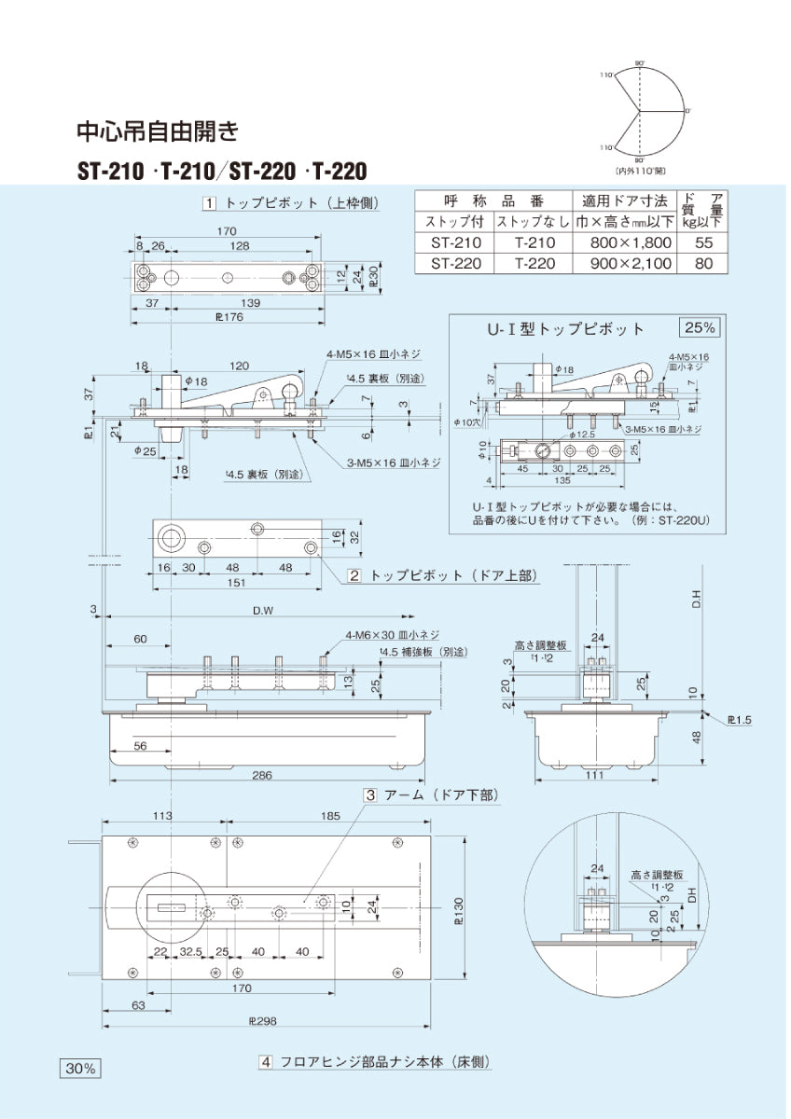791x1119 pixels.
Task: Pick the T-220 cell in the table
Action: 534,264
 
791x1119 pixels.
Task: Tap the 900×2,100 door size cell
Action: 631,264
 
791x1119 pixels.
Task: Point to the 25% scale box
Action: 700,327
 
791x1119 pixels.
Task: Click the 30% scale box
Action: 81,1069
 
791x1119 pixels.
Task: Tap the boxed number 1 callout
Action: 210,202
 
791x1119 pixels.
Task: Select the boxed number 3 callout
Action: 369,795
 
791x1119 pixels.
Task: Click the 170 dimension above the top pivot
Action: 226,231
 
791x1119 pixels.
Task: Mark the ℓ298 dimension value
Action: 264,1021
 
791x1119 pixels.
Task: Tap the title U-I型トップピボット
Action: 566,328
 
